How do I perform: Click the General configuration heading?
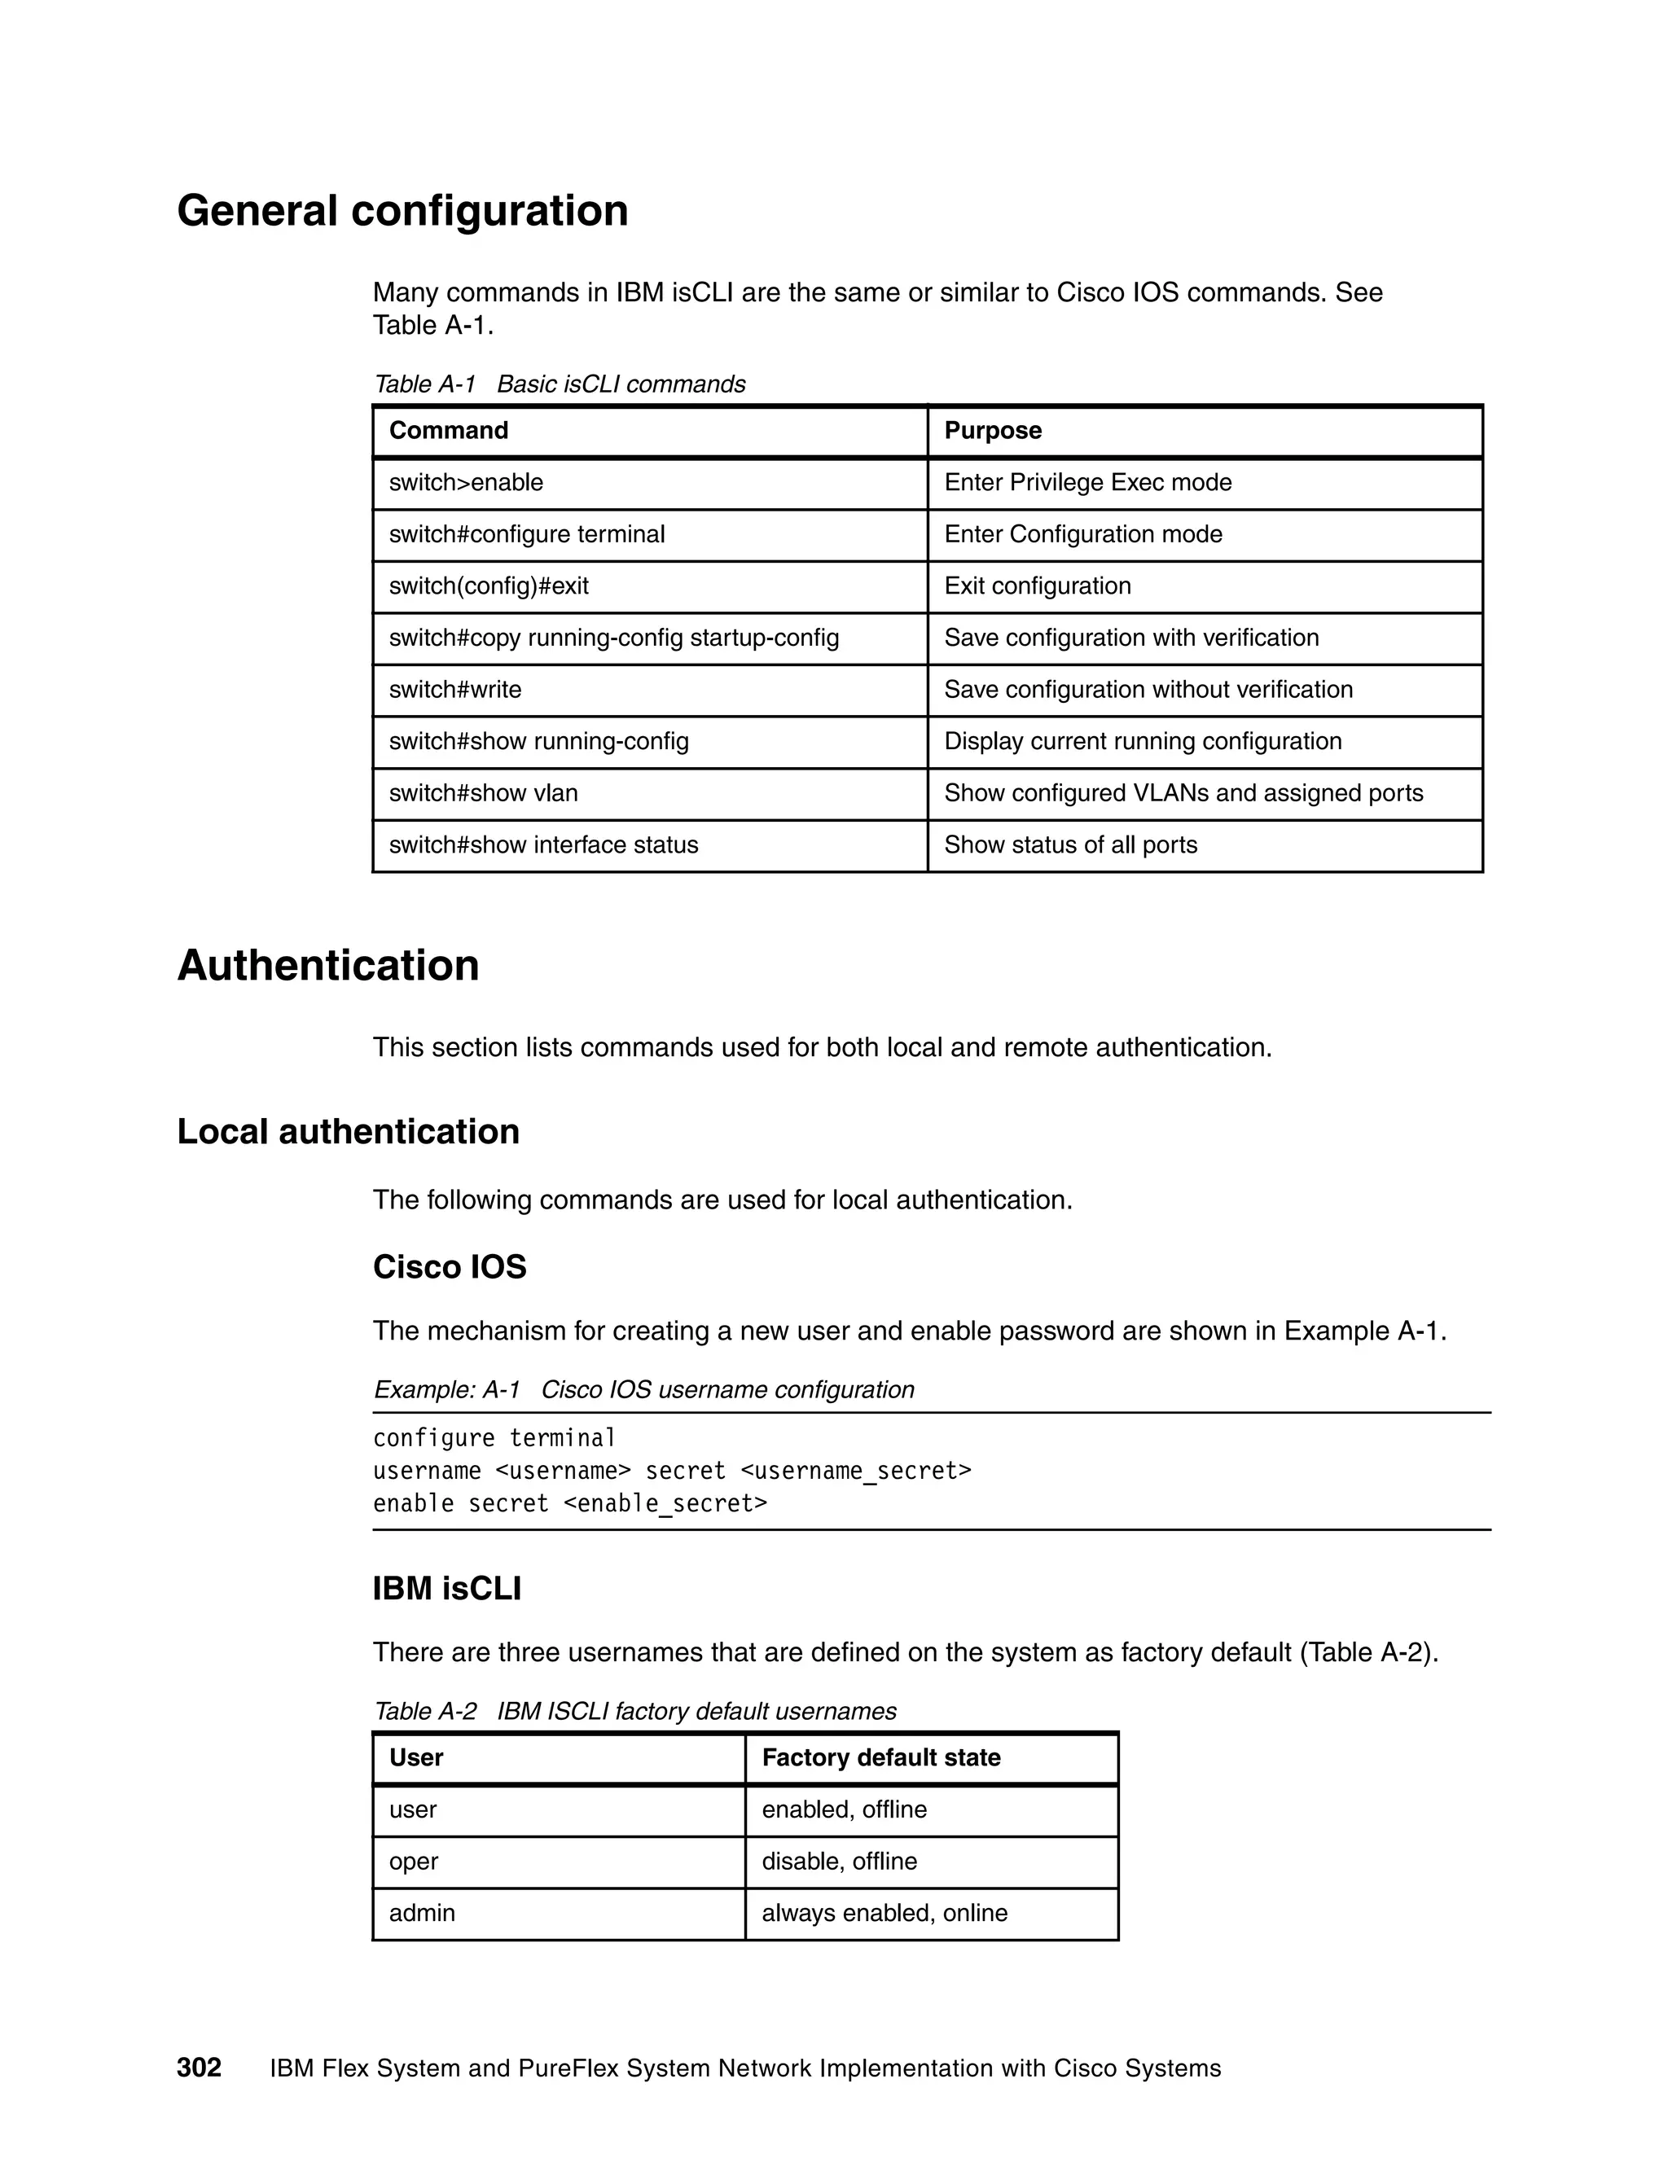coord(402,210)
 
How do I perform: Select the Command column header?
coord(449,431)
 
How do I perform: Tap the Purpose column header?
coord(992,431)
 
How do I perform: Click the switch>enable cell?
coord(467,483)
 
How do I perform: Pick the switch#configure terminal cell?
coord(527,534)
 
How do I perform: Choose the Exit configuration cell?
coord(1037,586)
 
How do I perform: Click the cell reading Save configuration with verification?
coord(1130,638)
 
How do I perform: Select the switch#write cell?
coord(454,690)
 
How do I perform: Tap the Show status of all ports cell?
coord(1070,844)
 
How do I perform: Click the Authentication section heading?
coord(328,965)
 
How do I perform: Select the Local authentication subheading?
coord(348,1131)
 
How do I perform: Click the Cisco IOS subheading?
coord(450,1267)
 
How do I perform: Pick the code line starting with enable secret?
coord(569,1504)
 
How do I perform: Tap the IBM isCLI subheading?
coord(446,1589)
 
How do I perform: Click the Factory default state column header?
coord(880,1758)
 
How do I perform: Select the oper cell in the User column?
coord(413,1862)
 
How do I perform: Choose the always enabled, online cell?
coord(884,1913)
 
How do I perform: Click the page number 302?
coord(199,2068)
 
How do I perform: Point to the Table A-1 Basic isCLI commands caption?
coord(560,384)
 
